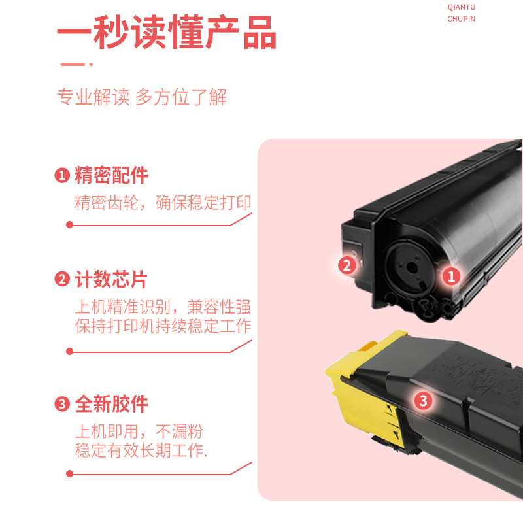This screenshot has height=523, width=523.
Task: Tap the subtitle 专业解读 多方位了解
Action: (x=142, y=97)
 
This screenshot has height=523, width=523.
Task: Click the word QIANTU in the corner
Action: (x=461, y=7)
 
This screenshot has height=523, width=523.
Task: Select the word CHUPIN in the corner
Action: (x=461, y=19)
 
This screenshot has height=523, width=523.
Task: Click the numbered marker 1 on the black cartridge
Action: (x=450, y=277)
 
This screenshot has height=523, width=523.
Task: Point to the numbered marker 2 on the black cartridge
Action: (x=347, y=265)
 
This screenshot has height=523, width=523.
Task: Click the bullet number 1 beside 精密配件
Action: (x=62, y=176)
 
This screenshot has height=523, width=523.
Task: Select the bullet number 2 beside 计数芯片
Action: (x=62, y=280)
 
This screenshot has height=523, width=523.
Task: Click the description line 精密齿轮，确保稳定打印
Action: (x=163, y=203)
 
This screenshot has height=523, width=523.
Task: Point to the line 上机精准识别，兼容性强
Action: (x=163, y=307)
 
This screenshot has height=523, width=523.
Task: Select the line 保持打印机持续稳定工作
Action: (x=163, y=327)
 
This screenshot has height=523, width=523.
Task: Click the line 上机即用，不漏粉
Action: (x=139, y=431)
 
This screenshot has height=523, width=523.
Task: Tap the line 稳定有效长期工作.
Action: (x=141, y=451)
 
